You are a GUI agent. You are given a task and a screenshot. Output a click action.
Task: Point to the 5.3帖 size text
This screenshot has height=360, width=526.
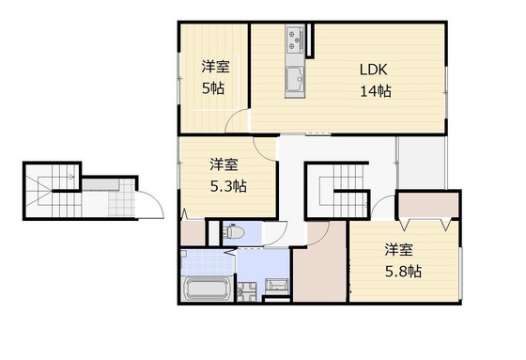click(227, 186)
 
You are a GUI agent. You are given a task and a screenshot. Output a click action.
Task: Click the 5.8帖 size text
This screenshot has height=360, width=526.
click(401, 272)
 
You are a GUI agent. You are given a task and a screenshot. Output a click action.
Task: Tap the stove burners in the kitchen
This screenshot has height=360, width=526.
click(297, 39)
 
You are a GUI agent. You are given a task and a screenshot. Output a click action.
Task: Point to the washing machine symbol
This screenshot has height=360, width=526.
click(276, 287)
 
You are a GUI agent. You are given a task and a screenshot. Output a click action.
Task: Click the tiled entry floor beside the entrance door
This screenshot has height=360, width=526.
click(121, 201)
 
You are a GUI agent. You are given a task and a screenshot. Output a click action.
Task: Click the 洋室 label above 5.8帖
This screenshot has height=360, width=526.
click(397, 250)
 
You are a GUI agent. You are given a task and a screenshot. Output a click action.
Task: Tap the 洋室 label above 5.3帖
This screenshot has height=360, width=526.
click(224, 164)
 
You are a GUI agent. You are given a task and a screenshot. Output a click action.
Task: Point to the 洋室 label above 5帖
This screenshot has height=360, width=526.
click(215, 66)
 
